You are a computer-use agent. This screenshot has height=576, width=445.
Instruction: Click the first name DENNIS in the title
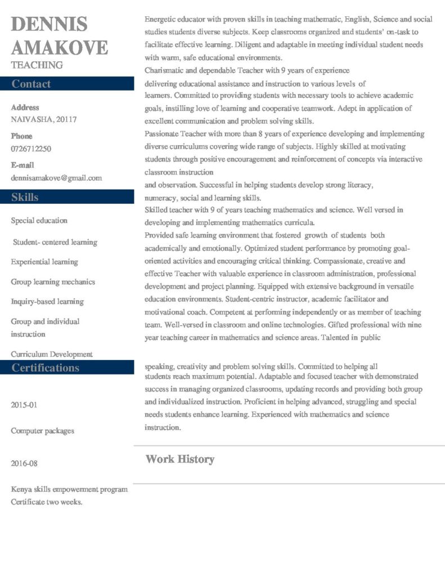(x=50, y=25)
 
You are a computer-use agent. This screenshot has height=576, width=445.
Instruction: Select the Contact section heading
(x=31, y=84)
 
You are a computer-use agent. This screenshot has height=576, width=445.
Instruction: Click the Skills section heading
(x=25, y=197)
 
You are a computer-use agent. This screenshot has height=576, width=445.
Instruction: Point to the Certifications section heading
(x=46, y=367)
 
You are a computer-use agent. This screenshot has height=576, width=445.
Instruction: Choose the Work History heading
(x=179, y=459)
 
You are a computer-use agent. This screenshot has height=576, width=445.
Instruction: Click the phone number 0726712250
(x=31, y=148)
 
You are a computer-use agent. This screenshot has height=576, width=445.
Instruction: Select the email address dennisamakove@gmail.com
(x=56, y=178)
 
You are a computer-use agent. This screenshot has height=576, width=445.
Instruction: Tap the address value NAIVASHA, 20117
(x=44, y=119)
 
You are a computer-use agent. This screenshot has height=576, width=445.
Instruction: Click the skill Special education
(x=39, y=220)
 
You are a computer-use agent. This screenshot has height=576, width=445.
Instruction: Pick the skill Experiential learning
(x=44, y=262)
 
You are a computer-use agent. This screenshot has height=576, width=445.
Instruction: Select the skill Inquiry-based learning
(x=47, y=301)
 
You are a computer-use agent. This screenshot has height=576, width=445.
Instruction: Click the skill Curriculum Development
(x=52, y=354)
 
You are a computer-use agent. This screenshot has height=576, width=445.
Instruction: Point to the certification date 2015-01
(x=24, y=405)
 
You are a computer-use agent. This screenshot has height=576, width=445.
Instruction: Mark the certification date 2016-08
(x=24, y=463)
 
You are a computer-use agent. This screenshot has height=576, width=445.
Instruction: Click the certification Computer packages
(x=42, y=431)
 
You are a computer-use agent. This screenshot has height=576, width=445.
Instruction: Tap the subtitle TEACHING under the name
(x=37, y=65)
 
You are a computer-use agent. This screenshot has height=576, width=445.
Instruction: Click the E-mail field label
(x=23, y=165)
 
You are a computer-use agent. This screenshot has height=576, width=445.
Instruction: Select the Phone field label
(x=21, y=136)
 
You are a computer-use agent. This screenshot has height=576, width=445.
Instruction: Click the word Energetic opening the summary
(x=161, y=19)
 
